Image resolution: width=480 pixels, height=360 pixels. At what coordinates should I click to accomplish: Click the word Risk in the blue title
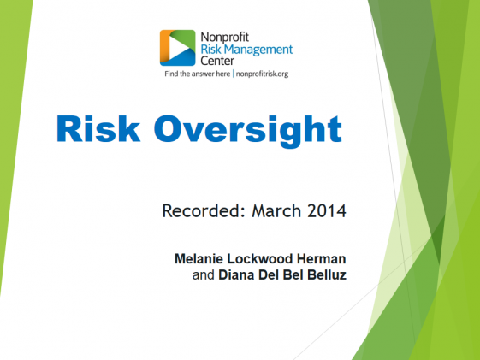(x=98, y=129)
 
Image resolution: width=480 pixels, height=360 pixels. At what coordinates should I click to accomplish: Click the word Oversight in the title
(x=247, y=132)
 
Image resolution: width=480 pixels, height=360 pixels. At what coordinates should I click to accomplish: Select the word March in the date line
(x=276, y=210)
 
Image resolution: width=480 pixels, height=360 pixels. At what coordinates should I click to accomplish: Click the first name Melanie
(x=199, y=259)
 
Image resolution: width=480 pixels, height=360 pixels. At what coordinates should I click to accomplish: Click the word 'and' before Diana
(x=203, y=274)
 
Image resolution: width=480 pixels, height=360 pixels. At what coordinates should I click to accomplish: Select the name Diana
(x=236, y=274)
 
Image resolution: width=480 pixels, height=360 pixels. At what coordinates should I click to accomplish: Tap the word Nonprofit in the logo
(x=225, y=38)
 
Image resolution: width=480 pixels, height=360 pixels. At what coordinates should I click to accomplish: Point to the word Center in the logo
(x=217, y=61)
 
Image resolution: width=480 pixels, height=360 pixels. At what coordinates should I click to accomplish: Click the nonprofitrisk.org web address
(x=262, y=74)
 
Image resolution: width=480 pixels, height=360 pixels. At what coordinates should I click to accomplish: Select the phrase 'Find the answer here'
(x=197, y=74)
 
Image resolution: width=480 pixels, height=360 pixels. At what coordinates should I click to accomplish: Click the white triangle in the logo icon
(x=178, y=48)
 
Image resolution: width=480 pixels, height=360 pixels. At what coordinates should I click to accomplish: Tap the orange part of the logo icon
(x=164, y=45)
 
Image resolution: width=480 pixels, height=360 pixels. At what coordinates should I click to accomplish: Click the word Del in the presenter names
(x=270, y=274)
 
